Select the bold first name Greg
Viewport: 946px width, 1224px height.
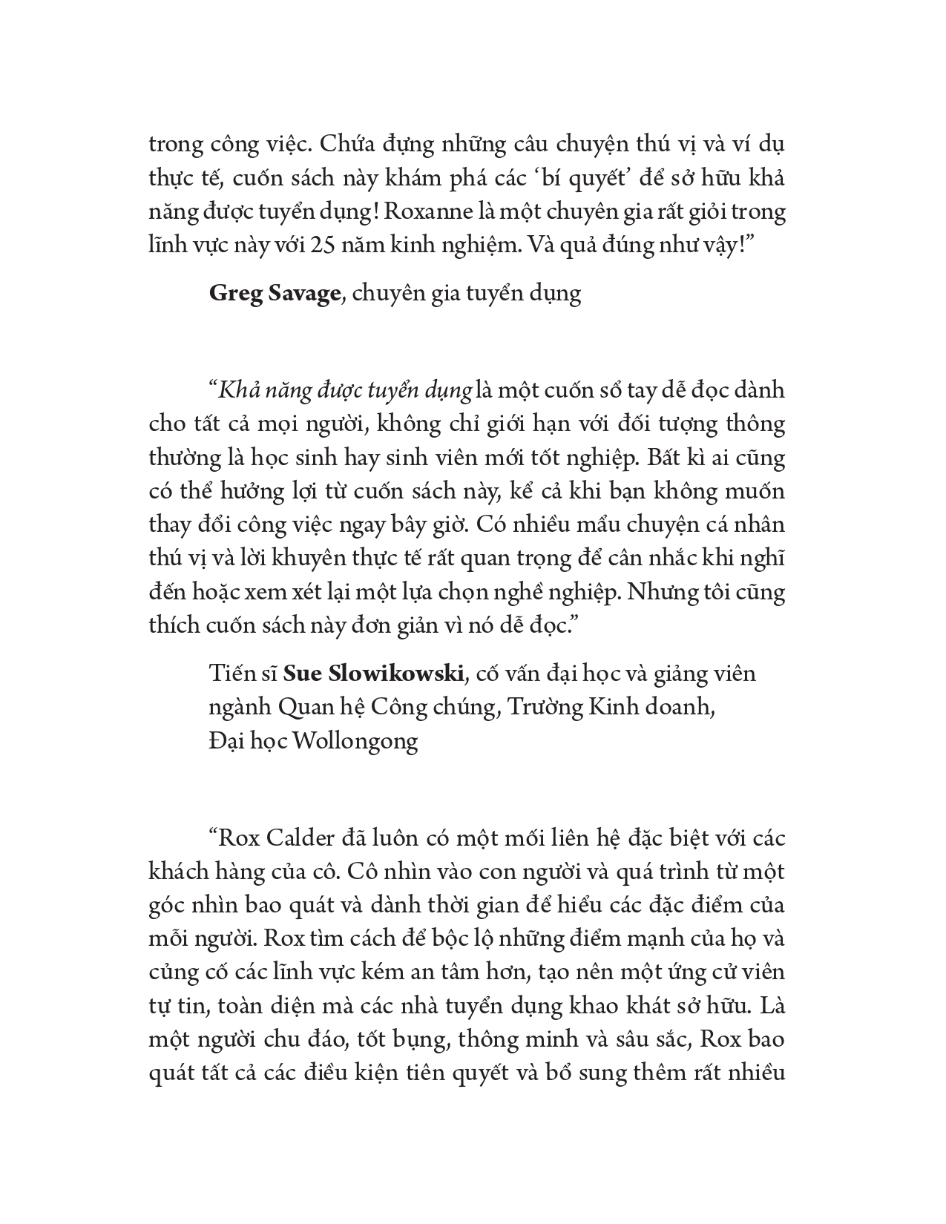tap(232, 294)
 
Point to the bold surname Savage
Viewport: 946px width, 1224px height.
tap(300, 294)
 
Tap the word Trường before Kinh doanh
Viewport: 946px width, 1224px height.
tap(546, 708)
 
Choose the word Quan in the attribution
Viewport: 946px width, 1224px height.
tap(303, 708)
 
